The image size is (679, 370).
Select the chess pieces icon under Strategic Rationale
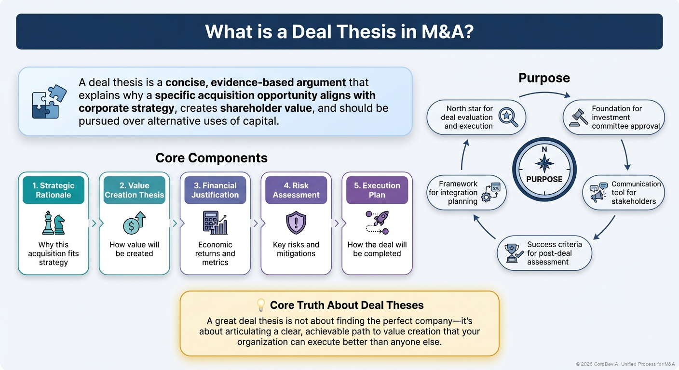click(53, 223)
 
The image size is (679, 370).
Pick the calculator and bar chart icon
click(215, 223)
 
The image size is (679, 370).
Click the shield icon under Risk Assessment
click(296, 223)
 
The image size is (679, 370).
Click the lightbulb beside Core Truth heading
click(261, 305)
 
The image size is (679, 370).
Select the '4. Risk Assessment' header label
click(296, 190)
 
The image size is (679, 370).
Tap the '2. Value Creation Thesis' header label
click(134, 190)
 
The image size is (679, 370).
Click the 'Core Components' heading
click(211, 158)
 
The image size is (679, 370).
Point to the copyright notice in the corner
click(625, 364)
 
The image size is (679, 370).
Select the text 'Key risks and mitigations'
click(296, 249)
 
